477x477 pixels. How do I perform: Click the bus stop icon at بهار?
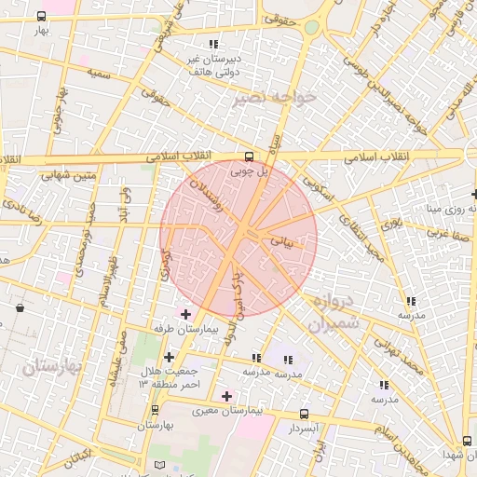click(41, 17)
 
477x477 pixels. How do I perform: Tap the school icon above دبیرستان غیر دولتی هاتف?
click(213, 44)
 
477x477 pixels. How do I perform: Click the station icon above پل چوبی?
click(249, 157)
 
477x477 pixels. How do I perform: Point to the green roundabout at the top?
click(309, 28)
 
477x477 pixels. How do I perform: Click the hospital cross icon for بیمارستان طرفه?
click(184, 314)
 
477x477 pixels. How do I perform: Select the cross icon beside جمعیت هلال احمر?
click(169, 357)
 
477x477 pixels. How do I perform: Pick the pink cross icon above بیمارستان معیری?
click(226, 396)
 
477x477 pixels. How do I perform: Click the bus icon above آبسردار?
click(304, 414)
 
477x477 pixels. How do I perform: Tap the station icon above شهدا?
click(467, 441)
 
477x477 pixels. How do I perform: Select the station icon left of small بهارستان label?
click(155, 410)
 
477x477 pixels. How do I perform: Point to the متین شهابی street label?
click(68, 173)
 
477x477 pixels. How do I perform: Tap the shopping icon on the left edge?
click(20, 307)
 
